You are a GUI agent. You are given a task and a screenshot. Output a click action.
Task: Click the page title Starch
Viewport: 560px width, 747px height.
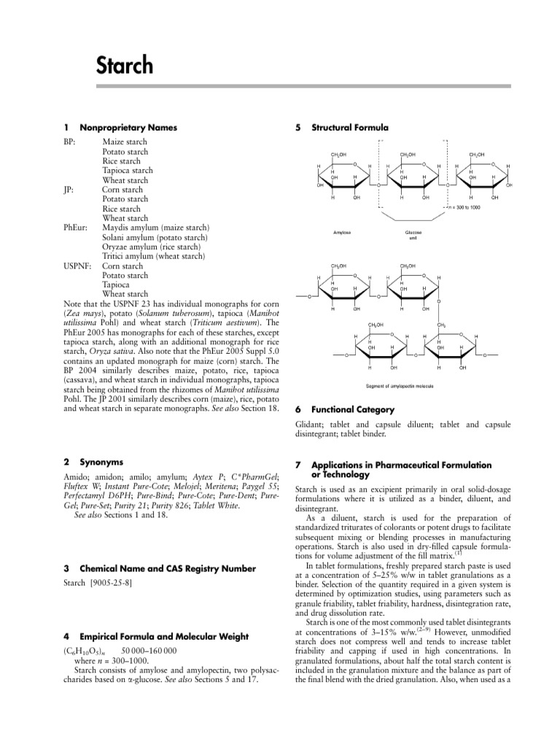(125, 66)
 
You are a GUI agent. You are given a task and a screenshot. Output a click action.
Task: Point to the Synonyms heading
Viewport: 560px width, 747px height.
(101, 462)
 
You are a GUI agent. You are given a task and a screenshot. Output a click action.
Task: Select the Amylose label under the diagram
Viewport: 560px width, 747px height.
(342, 232)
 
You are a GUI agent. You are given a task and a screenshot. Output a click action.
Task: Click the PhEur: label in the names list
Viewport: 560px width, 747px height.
(76, 228)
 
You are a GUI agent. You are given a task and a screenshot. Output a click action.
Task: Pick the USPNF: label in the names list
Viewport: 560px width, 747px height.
(78, 266)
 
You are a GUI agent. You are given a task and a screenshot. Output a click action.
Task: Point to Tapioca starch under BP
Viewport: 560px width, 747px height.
(128, 171)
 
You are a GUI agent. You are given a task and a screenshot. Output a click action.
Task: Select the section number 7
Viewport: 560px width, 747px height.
(298, 465)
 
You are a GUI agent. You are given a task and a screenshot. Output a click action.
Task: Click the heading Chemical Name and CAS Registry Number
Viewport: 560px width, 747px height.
(168, 568)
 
